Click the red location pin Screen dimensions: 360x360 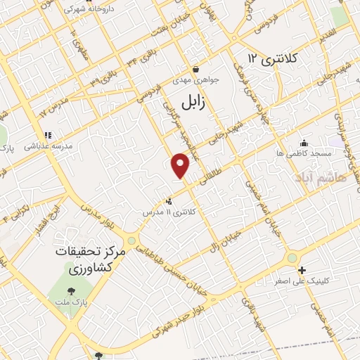(181, 165)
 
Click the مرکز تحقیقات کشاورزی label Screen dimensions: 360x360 (90, 260)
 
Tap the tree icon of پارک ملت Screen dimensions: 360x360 (70, 290)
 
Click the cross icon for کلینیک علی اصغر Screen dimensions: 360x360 (302, 270)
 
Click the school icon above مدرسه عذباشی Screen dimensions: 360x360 (47, 135)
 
